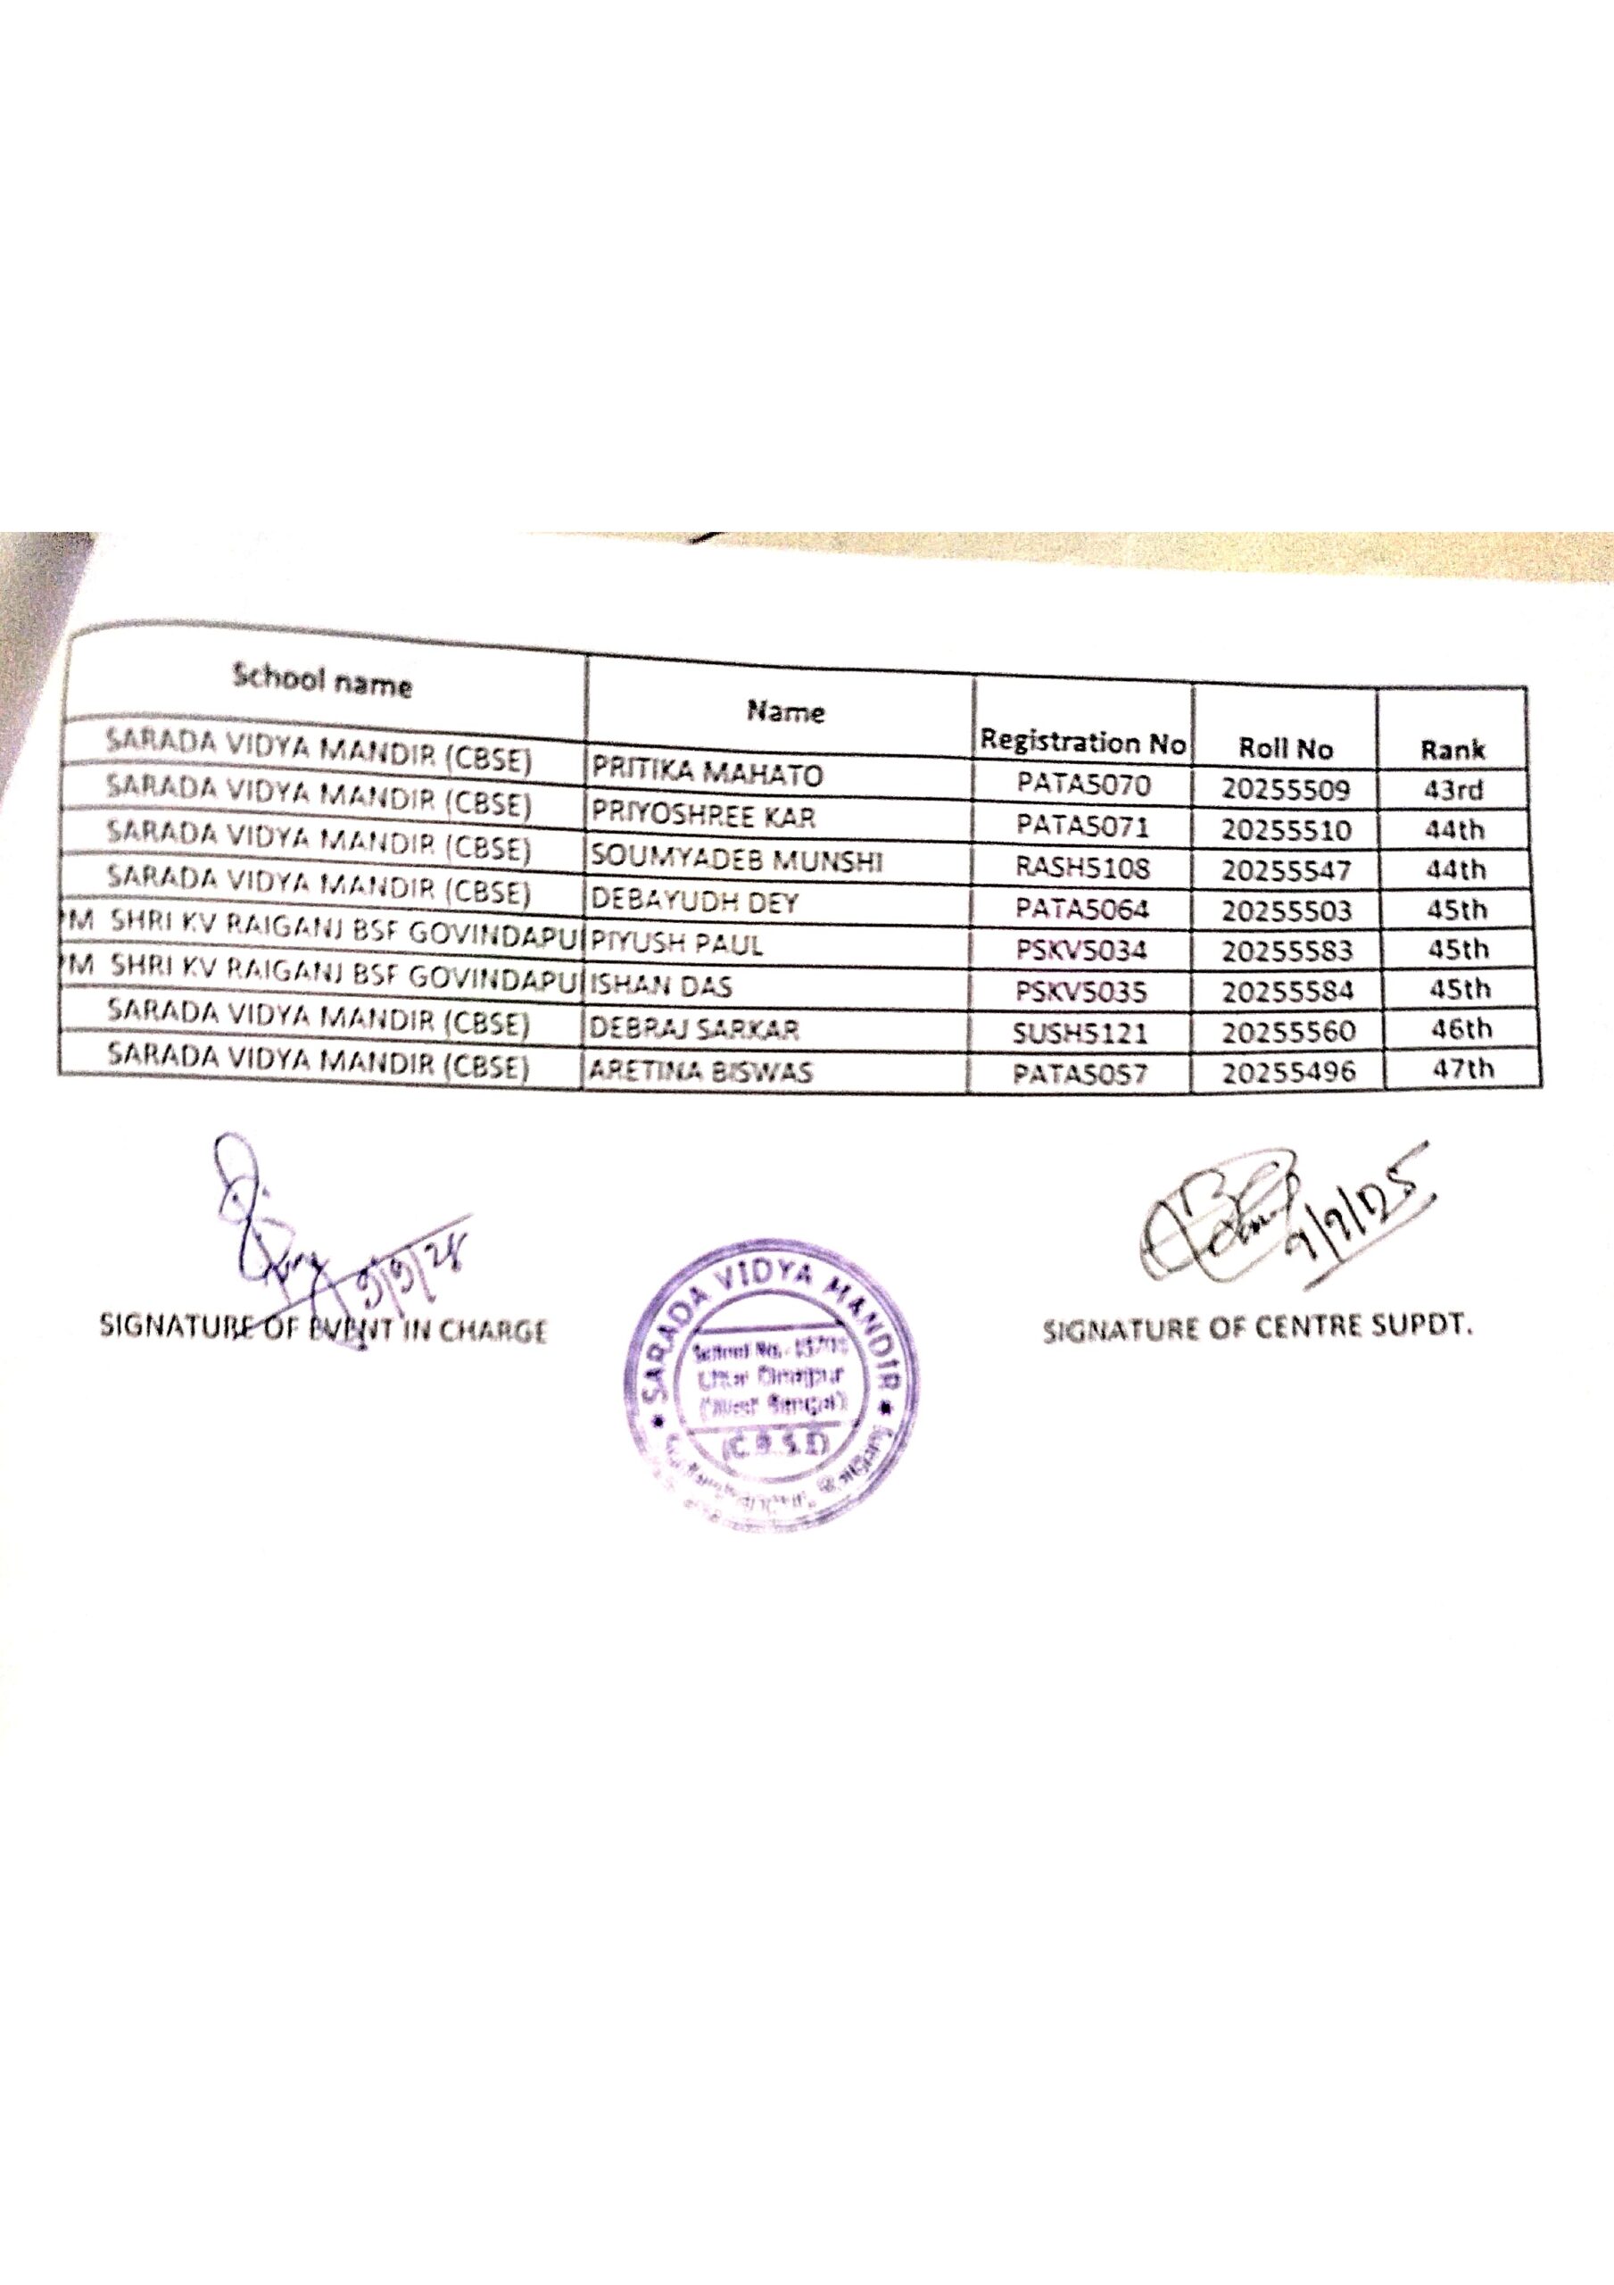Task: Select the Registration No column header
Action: click(x=1082, y=742)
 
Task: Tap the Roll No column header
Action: click(x=1285, y=747)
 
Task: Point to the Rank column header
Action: click(x=1452, y=750)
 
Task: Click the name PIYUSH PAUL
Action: click(x=678, y=943)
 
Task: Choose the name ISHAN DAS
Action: click(x=662, y=986)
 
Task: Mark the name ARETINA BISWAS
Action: click(x=701, y=1071)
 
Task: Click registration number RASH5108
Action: click(x=1081, y=868)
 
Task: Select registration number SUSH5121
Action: click(x=1080, y=1032)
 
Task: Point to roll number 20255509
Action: click(x=1286, y=790)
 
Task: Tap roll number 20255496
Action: click(x=1287, y=1072)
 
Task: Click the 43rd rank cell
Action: click(x=1453, y=790)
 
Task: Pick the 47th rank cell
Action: click(x=1461, y=1068)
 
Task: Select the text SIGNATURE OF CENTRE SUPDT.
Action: click(x=1257, y=1329)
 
